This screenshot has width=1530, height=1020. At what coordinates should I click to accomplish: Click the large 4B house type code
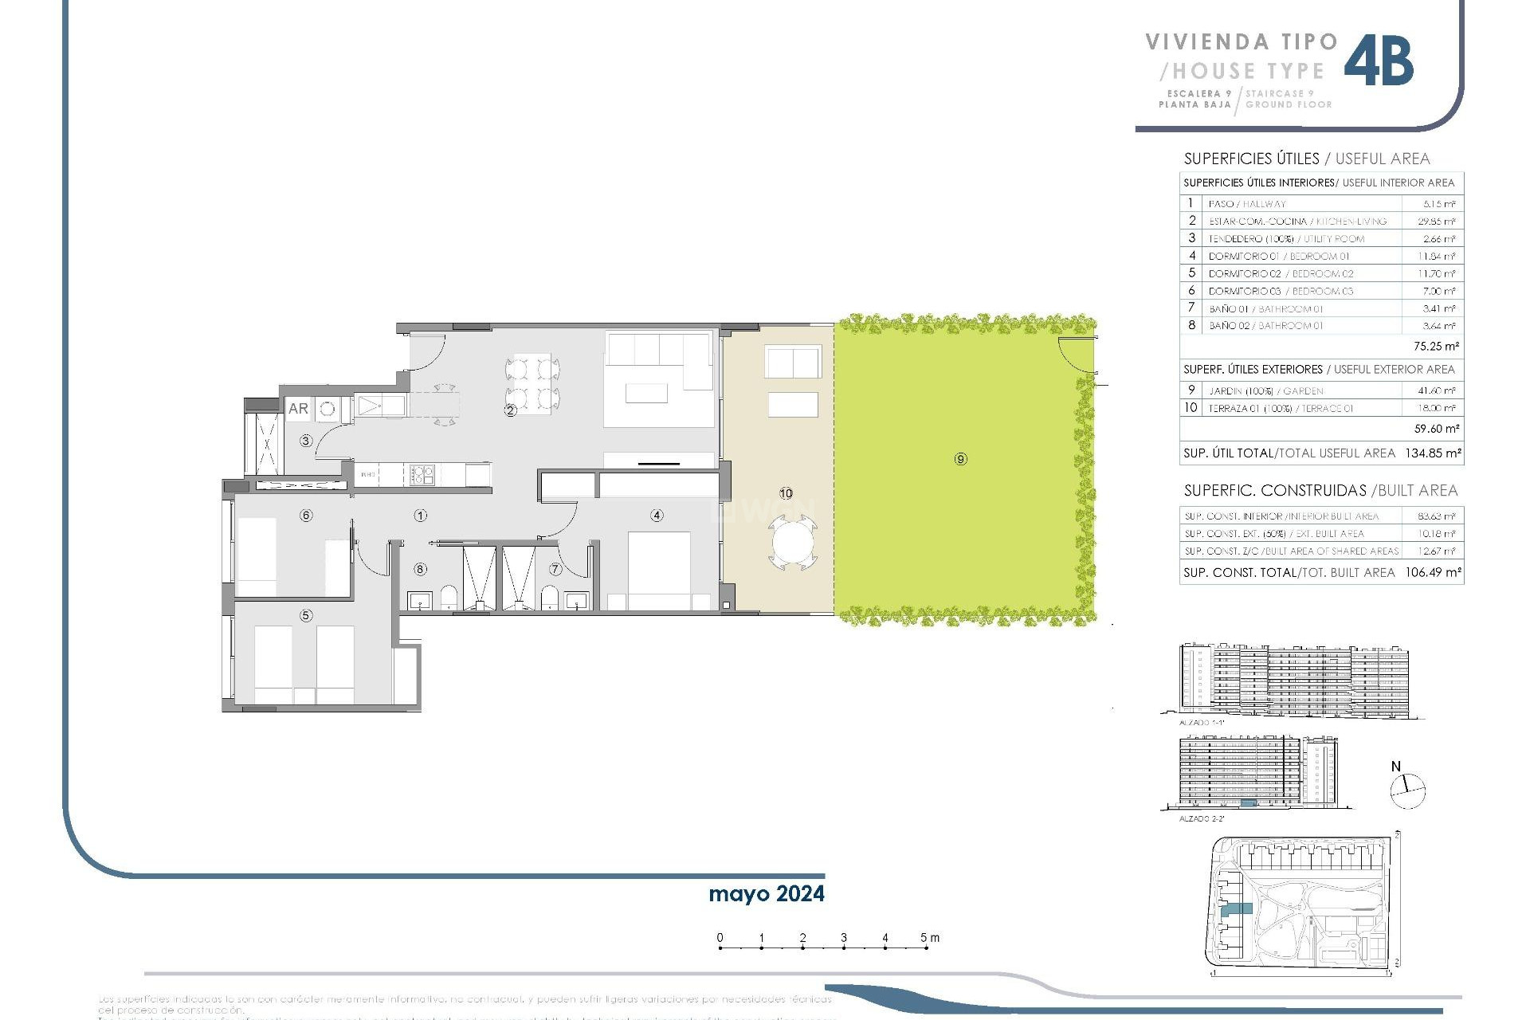coord(1379,61)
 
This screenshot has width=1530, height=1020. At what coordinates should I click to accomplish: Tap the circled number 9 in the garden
coord(960,459)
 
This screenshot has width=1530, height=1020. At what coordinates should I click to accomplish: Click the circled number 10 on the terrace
coord(786,493)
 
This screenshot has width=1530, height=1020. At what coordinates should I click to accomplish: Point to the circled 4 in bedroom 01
coord(657,516)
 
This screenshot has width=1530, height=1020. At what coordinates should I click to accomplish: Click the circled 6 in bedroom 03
coord(306,516)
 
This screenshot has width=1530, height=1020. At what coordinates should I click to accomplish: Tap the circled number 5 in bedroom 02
coord(306,615)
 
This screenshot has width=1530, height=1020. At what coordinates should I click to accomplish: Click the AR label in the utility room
coord(298,409)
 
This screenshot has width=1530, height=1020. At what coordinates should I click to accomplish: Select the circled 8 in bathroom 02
coord(420,569)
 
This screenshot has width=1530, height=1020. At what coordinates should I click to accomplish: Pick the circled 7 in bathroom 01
coord(555,569)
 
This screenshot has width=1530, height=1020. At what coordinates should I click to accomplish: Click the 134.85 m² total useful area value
coord(1434,453)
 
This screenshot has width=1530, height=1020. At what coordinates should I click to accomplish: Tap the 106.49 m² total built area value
coord(1433,572)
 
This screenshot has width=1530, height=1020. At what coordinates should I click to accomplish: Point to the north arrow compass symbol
coord(1407,790)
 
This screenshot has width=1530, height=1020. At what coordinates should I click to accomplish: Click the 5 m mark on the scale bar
coord(925,939)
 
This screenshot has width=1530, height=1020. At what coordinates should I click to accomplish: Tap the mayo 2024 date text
coord(766,894)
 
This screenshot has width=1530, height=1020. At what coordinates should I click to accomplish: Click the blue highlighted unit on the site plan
coord(1238,908)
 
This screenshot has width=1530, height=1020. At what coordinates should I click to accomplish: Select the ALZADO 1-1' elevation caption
coord(1201,723)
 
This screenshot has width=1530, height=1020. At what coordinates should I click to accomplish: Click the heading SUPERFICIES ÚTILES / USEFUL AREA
coord(1307,159)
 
